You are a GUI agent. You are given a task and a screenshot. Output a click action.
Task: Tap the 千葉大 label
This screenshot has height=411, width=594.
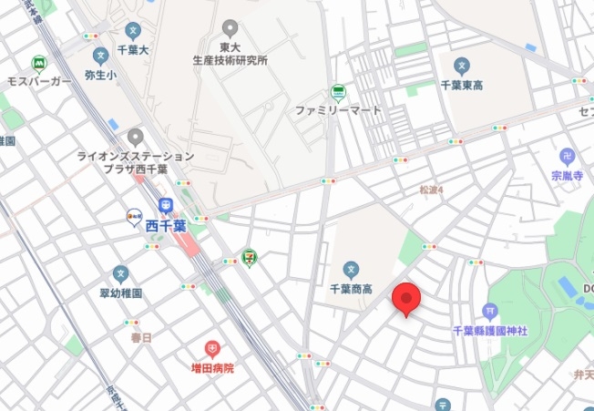(133, 50)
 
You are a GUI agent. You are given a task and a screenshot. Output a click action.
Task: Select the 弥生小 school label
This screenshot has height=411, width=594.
(100, 77)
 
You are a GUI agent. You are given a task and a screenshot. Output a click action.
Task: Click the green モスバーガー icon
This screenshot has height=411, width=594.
(38, 64)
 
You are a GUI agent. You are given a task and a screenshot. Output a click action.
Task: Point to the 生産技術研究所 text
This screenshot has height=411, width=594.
(230, 61)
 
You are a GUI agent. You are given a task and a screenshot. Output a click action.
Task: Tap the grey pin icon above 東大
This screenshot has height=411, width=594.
(230, 29)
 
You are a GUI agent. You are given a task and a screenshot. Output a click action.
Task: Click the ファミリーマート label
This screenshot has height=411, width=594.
(337, 110)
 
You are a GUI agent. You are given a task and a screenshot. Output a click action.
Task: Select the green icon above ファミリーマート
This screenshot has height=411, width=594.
(338, 92)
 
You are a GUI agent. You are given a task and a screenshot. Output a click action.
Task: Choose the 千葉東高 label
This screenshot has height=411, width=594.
(462, 85)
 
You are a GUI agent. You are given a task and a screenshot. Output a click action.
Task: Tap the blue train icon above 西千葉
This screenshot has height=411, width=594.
(166, 206)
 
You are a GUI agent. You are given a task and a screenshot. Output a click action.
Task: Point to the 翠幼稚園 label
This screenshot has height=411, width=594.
(120, 294)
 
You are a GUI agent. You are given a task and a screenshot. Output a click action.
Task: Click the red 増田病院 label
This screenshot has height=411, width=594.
(212, 368)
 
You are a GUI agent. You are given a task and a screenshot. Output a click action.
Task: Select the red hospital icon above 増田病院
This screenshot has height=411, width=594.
(212, 349)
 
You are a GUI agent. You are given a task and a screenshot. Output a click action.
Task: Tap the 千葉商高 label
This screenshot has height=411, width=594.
(352, 289)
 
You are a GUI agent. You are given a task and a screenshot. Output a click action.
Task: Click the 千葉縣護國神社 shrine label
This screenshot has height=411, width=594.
(490, 330)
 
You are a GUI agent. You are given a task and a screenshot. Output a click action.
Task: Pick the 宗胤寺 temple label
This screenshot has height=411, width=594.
(567, 175)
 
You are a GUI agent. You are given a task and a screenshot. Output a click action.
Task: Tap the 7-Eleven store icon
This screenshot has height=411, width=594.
(249, 258)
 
